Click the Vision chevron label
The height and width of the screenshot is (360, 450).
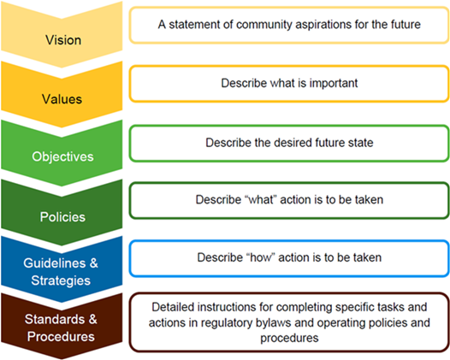coord(63,40)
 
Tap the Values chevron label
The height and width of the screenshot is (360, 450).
coord(62,99)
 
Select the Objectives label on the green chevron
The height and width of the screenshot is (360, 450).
coord(62,156)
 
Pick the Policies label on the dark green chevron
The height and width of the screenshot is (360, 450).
coord(62,216)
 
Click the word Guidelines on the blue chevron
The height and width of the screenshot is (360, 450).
coord(55,263)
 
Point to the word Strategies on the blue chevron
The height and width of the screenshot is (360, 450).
coord(61,280)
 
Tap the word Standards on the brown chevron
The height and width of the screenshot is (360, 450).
coord(55,319)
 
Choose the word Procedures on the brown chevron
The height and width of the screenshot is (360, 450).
coord(61,336)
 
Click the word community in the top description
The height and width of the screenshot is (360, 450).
coord(264,25)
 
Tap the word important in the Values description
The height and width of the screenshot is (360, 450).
coord(334,83)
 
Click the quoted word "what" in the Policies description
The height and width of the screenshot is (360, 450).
coord(260,199)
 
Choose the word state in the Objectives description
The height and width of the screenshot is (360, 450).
coord(361,143)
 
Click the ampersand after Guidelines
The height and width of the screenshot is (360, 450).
coord(93,263)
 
